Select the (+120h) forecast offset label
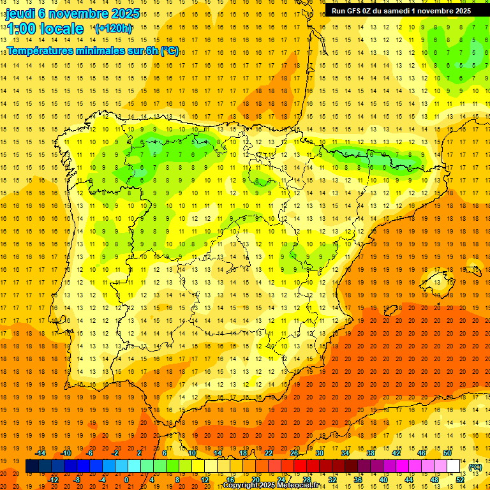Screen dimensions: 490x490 point(113,28)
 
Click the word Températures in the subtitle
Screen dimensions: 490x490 point(42,50)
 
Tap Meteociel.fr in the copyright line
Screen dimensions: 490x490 point(300,486)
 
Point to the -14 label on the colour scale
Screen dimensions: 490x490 point(41,452)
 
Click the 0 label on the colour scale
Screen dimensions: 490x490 point(127,480)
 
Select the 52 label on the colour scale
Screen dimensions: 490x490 point(460,480)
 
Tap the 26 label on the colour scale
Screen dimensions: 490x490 point(294,452)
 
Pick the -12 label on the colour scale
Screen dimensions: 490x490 point(53,480)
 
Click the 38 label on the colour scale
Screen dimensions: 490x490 point(371,452)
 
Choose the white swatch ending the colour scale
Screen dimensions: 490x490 point(454,466)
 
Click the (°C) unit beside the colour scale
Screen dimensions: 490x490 point(475,467)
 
